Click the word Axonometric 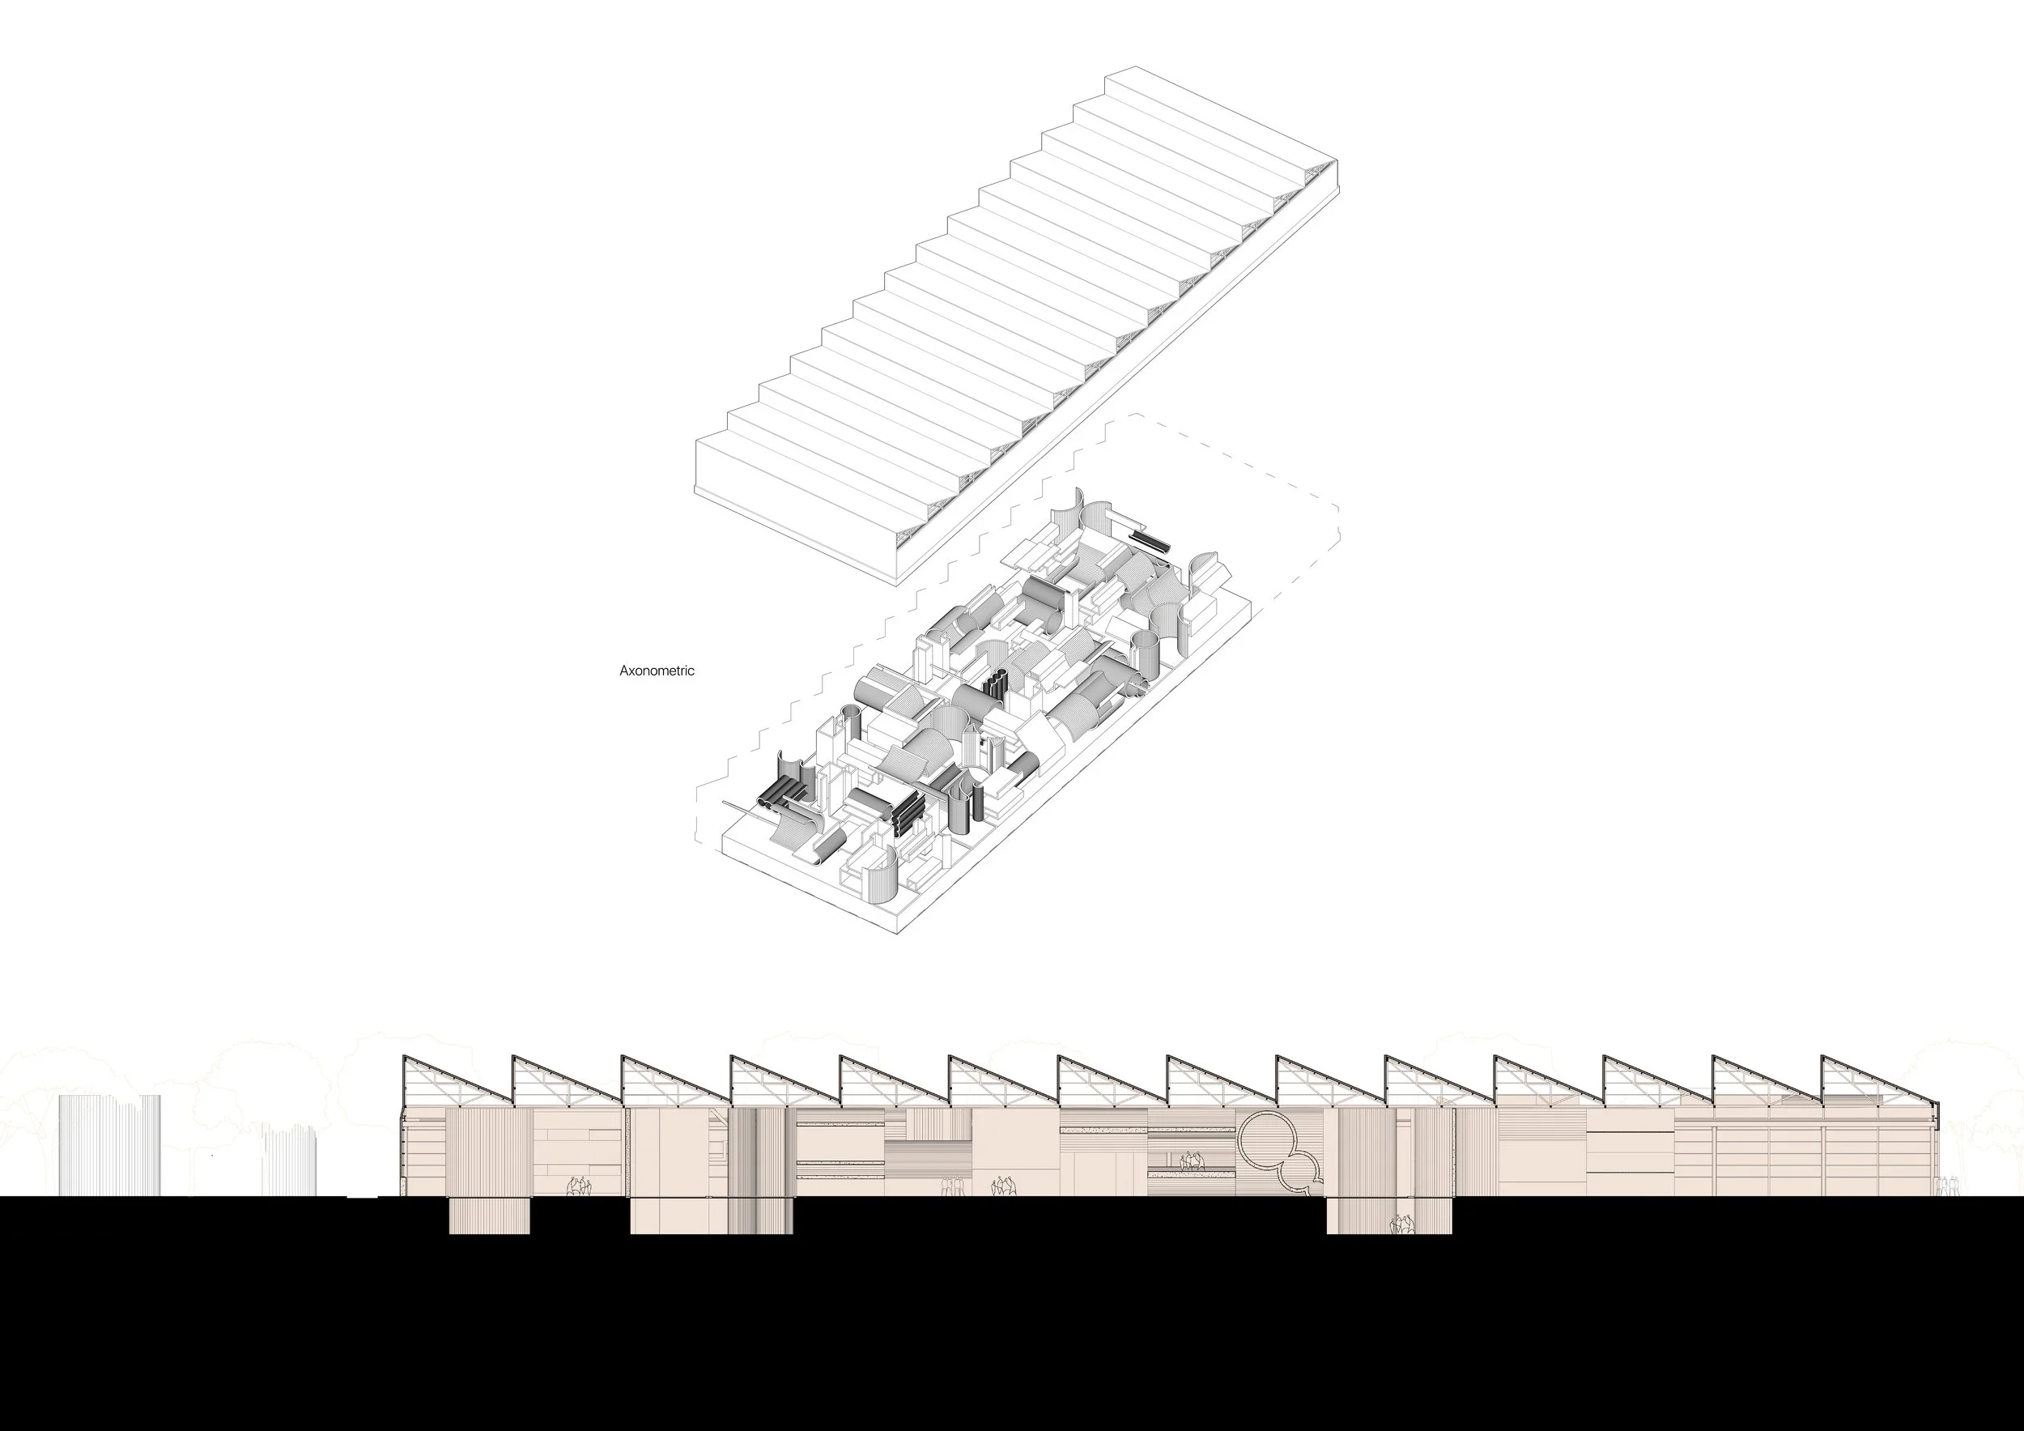[x=657, y=671]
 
